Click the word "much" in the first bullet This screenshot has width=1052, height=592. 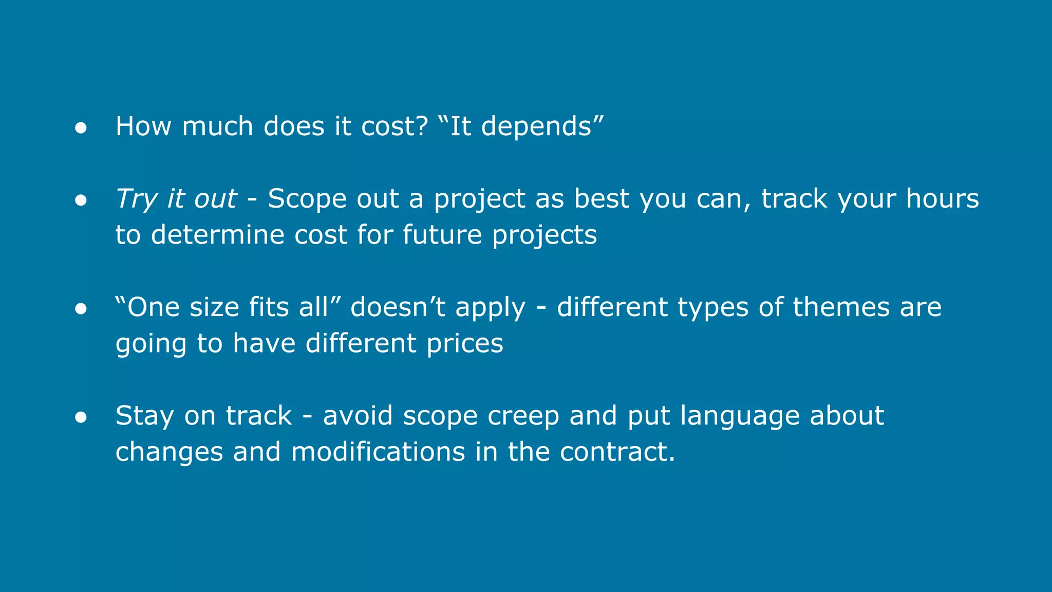coord(217,126)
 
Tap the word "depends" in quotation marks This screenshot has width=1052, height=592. coord(536,127)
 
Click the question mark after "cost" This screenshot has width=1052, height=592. coord(421,126)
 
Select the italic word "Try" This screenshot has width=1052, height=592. coord(136,199)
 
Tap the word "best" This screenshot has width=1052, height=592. coord(601,198)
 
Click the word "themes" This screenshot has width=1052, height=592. coord(841,307)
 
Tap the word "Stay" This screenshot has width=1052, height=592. coord(144,416)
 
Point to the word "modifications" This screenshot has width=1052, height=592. coord(378,452)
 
